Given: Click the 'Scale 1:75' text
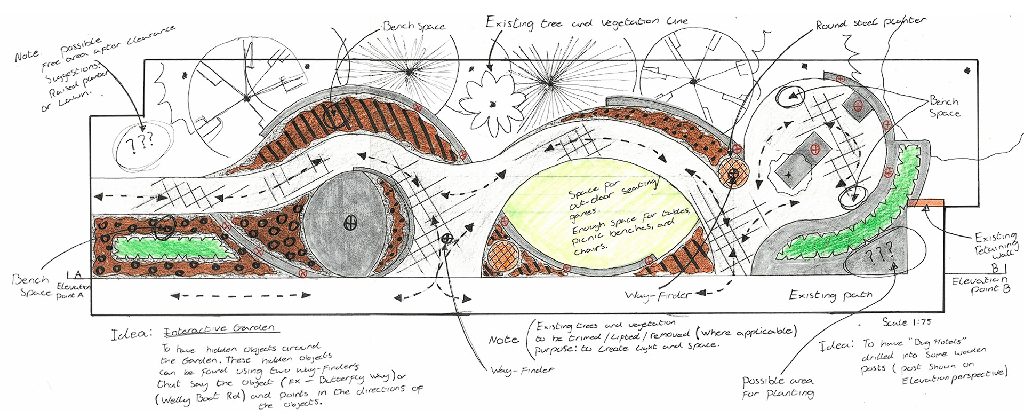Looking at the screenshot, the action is pos(907,322).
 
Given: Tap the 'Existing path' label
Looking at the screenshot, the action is pos(830,295).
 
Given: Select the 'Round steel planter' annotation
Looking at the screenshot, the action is pos(870,23).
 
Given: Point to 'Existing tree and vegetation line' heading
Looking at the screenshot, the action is pos(587,22).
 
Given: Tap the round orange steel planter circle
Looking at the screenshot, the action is pos(733,174).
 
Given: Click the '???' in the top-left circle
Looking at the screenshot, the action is pos(142,142).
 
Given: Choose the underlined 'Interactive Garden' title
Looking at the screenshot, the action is pos(219,329).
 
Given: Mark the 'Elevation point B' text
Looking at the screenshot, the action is pos(981,284).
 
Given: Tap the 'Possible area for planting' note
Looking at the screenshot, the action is pos(778,387).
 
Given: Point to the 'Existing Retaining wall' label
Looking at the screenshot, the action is pos(996,246).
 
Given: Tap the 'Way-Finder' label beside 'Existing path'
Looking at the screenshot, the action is pos(659,295).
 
